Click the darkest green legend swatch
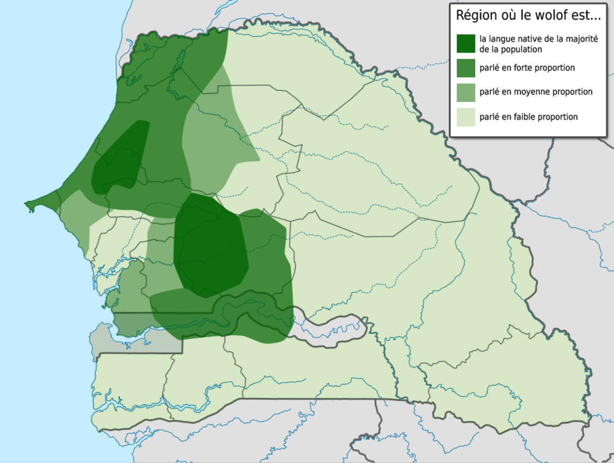click(x=466, y=43)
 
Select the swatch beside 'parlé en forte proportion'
click(x=466, y=68)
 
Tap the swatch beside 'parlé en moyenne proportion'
click(x=466, y=92)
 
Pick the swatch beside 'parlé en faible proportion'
click(x=466, y=117)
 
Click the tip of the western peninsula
click(x=28, y=205)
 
